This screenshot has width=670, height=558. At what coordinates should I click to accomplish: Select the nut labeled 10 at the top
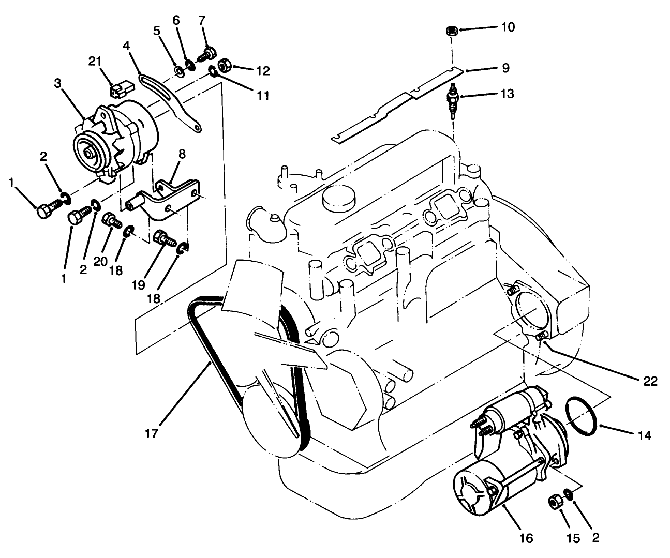pos(451,31)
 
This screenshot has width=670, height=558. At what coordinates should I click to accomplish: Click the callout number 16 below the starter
pos(525,538)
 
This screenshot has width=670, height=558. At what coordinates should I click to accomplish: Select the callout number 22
pos(650,382)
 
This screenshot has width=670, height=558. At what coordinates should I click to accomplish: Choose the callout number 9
pos(505,68)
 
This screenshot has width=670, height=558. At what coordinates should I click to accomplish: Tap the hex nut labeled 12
pos(225,66)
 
